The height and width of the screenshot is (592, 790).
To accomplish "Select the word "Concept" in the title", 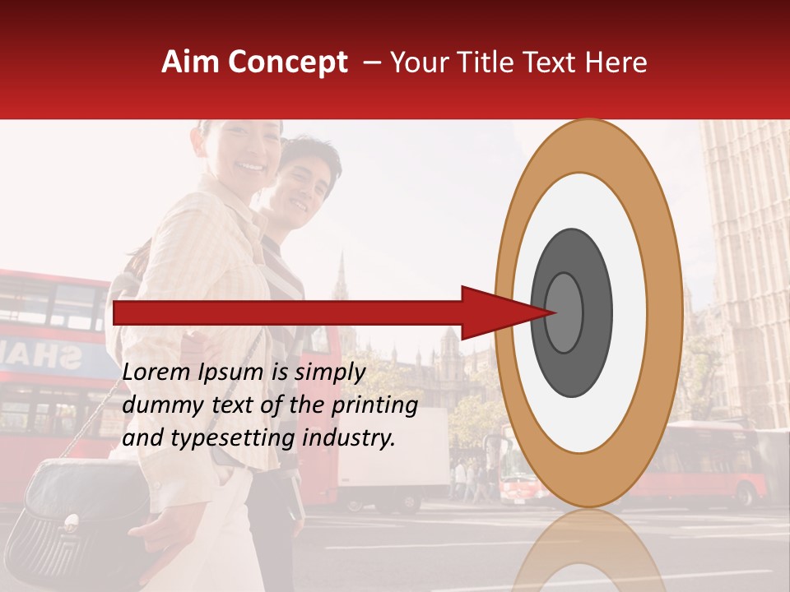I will pyautogui.click(x=287, y=62).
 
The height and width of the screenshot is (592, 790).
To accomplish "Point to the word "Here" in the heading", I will pyautogui.click(x=617, y=62).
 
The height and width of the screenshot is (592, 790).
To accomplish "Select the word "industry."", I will pyautogui.click(x=349, y=437).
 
